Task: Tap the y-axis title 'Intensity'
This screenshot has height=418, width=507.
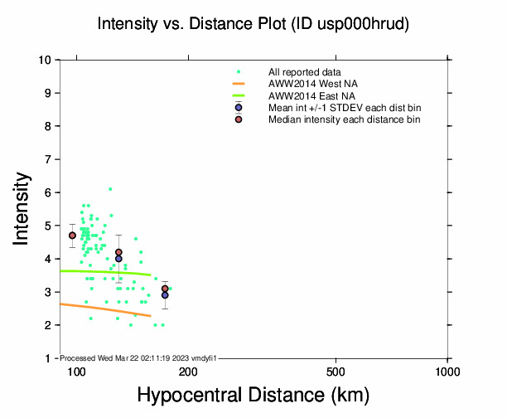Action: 22,208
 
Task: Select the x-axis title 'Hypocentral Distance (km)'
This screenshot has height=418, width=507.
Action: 253,395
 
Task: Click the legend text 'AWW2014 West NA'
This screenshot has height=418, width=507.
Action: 313,84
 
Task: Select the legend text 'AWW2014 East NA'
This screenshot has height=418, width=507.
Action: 312,96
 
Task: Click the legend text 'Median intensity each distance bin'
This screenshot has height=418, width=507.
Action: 344,119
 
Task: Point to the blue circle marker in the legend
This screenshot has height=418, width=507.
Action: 239,108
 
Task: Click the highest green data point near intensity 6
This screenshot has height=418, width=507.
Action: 110,189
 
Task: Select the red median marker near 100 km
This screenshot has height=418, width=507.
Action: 72,236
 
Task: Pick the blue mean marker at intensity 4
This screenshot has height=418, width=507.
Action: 118,259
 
